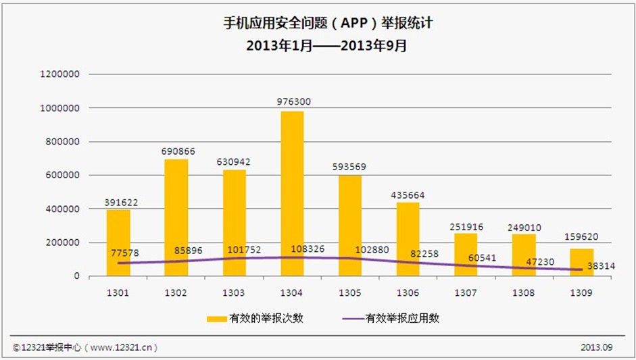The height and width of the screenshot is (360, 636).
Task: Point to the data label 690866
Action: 178,151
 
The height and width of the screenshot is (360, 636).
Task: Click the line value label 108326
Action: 291,249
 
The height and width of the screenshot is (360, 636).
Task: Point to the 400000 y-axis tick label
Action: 62,209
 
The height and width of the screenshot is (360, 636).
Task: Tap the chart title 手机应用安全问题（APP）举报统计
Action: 318,23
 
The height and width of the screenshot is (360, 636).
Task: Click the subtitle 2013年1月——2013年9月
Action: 318,46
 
